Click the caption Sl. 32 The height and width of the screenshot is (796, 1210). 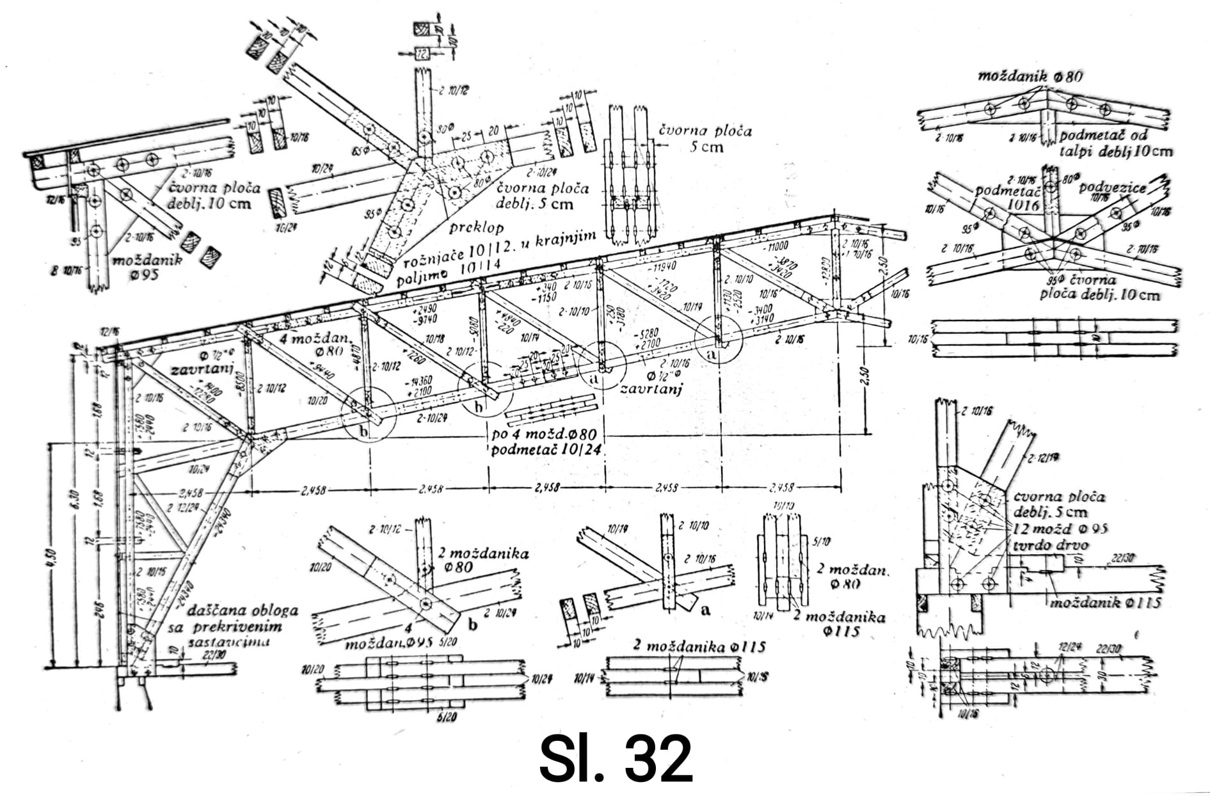(615, 759)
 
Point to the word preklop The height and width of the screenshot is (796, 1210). (475, 227)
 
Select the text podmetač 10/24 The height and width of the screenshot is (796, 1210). (546, 450)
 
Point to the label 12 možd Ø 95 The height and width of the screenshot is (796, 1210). (1061, 529)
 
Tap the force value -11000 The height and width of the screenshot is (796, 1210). (774, 246)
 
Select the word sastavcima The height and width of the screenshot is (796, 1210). (218, 642)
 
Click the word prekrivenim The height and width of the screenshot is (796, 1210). (234, 627)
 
